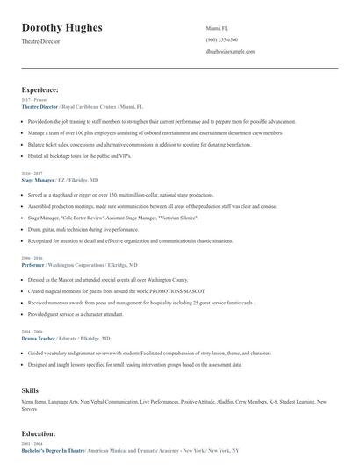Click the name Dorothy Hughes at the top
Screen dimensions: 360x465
pos(61,28)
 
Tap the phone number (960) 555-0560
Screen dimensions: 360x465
pos(221,39)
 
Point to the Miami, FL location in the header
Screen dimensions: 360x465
pos(217,28)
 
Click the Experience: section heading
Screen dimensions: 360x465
pos(40,89)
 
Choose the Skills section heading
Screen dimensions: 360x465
pos(30,388)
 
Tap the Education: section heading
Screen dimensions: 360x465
pos(40,433)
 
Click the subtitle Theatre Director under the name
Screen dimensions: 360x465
pos(40,41)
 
